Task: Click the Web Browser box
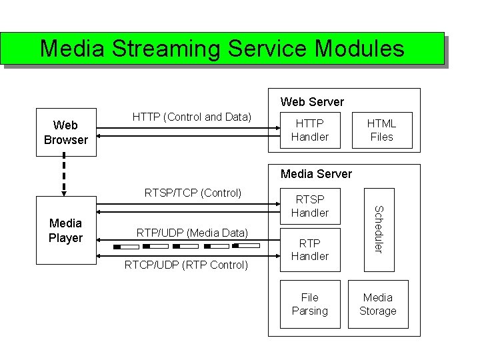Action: pos(66,132)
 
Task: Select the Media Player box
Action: pos(66,230)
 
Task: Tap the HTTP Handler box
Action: pos(310,130)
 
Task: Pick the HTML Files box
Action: pos(381,130)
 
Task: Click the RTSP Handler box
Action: pos(310,206)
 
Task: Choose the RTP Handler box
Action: pos(310,249)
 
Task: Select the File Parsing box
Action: pos(310,305)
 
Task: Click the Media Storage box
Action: pos(377,305)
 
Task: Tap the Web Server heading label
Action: pos(312,102)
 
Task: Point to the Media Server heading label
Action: pos(316,174)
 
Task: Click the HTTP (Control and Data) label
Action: pos(192,117)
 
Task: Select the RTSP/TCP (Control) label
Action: pos(193,193)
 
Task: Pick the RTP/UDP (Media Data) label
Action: pos(192,233)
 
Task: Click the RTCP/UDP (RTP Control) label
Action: pos(186,265)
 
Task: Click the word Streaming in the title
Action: pos(166,49)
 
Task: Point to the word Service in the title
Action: pos(270,49)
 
